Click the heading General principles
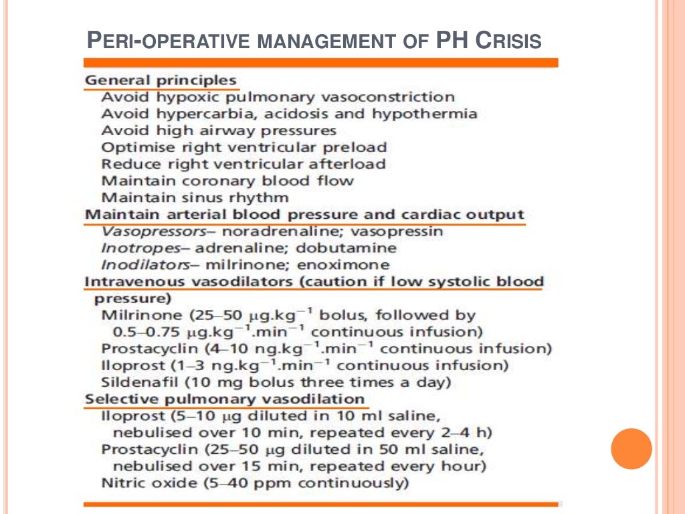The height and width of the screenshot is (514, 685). click(161, 81)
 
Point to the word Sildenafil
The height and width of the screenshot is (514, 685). click(134, 383)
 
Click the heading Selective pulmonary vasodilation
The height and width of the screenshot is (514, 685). click(225, 400)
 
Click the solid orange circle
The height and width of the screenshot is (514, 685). click(631, 448)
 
